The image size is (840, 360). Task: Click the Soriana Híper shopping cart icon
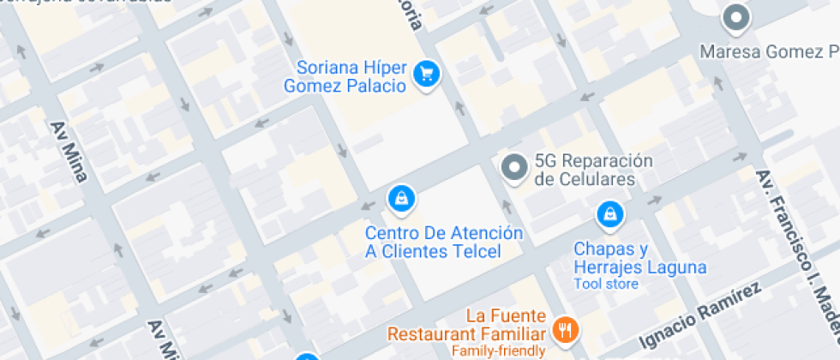[x=426, y=75]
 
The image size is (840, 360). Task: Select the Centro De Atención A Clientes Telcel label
[x=443, y=242]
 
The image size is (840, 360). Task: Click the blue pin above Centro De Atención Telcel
[x=401, y=199]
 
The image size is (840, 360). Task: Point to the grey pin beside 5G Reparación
[x=514, y=168]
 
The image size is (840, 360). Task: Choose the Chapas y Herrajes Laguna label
[x=639, y=258]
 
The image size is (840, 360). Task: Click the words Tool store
[x=606, y=284]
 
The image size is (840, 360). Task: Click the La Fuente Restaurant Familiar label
[x=467, y=325]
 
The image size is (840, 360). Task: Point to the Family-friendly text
[x=498, y=351]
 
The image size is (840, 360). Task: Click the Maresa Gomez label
[x=768, y=51]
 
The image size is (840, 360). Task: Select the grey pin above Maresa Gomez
[x=735, y=16]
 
